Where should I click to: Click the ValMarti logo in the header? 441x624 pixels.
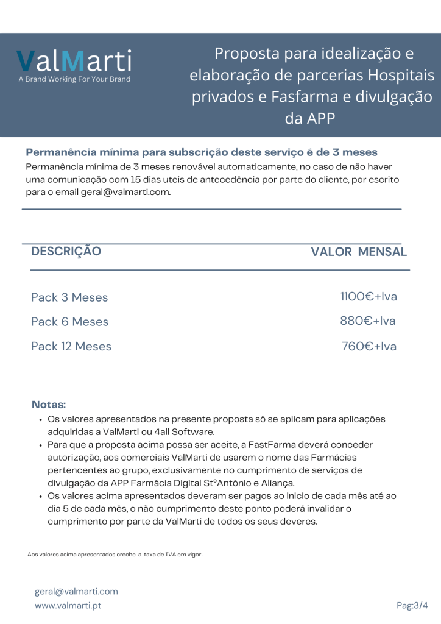click(73, 61)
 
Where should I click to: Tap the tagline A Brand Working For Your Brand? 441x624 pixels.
click(74, 79)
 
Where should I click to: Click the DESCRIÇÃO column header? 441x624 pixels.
click(66, 251)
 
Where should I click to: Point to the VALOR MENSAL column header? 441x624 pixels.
click(358, 252)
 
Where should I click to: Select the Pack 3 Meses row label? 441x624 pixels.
click(69, 297)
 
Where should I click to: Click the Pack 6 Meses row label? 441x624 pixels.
click(69, 322)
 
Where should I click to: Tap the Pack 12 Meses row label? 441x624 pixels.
click(71, 346)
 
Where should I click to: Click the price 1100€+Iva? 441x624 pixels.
click(369, 297)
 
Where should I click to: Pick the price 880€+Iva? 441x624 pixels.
click(368, 321)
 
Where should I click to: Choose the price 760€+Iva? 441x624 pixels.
click(369, 346)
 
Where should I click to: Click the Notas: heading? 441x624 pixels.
click(49, 405)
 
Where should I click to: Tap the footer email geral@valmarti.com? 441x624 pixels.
click(76, 591)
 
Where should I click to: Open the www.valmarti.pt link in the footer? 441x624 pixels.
click(68, 605)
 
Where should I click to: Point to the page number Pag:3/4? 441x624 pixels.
click(412, 605)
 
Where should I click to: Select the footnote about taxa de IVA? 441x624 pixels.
click(115, 554)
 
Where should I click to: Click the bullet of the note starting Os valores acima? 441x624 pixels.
click(40, 497)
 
